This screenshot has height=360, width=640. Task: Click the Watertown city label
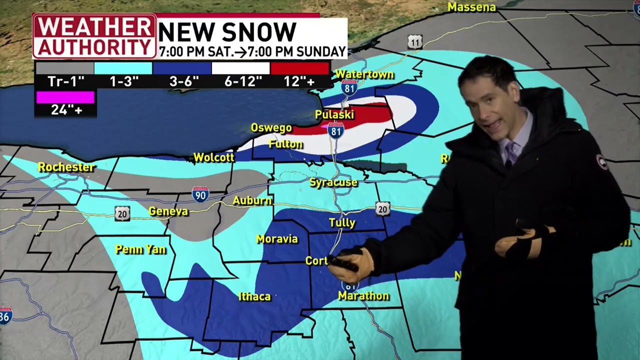(x=364, y=74)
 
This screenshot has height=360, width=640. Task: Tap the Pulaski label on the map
(x=334, y=114)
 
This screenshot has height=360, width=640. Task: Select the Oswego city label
(x=271, y=128)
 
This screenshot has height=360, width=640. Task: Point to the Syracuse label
(x=333, y=182)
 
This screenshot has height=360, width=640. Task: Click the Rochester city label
(x=66, y=167)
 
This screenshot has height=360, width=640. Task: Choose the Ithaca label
(x=254, y=296)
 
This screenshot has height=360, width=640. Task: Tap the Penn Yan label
(x=140, y=249)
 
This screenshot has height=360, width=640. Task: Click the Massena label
(x=471, y=7)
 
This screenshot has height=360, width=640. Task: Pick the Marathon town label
(x=363, y=296)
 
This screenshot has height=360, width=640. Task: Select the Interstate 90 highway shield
(x=200, y=194)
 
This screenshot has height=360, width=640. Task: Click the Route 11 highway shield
(x=414, y=42)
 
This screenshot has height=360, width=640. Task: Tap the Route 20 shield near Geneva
(x=122, y=214)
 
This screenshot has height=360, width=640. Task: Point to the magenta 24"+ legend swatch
(x=65, y=97)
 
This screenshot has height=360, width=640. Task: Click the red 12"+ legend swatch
(x=299, y=68)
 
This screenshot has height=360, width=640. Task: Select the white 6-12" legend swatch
(x=240, y=68)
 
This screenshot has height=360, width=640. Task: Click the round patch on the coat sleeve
(x=601, y=162)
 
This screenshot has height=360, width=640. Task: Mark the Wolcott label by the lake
(x=213, y=157)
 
